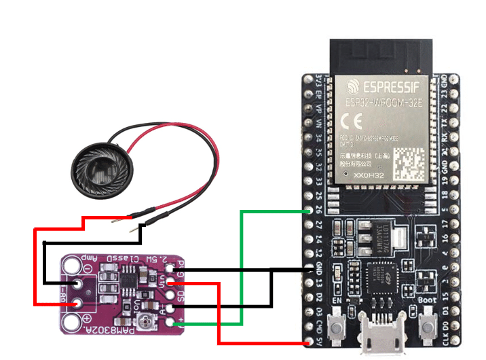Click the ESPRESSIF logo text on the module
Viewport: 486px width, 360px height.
click(390, 88)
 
